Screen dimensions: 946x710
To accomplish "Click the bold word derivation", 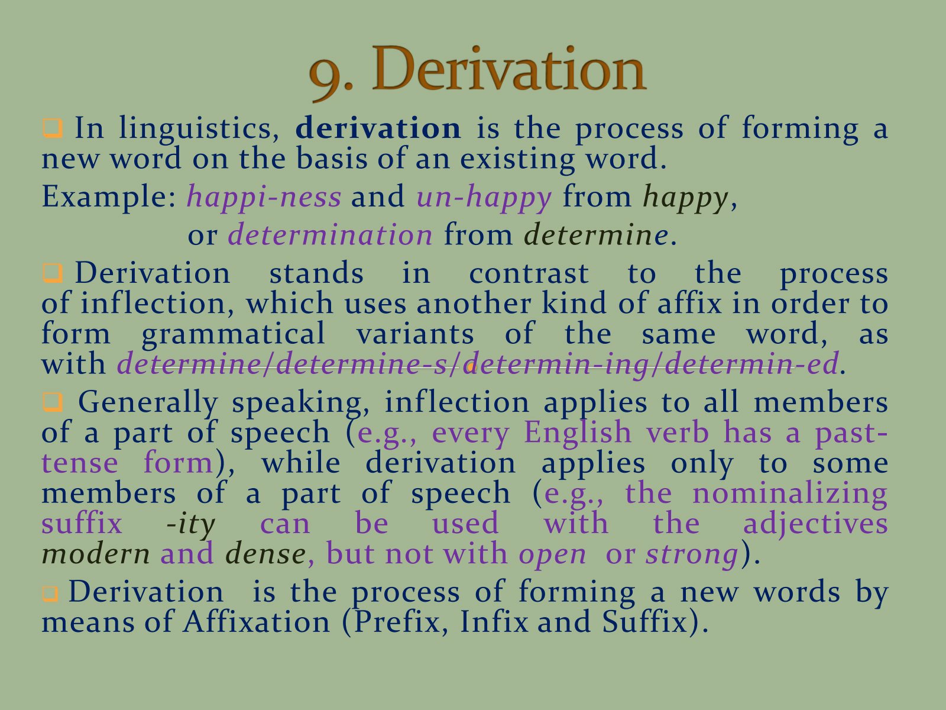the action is tap(378, 128).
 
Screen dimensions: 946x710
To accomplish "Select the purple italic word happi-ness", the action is tap(264, 197).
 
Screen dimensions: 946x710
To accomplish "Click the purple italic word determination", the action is tap(330, 235).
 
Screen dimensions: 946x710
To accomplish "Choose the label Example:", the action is tap(109, 197).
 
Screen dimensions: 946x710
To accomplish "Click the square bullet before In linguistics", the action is tap(53, 128).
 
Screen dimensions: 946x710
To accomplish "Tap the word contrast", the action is tap(529, 273).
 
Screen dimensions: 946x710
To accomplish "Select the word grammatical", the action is tap(233, 335).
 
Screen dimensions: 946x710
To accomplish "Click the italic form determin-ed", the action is tap(751, 363).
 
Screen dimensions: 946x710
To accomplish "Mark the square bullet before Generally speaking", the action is tap(53, 402).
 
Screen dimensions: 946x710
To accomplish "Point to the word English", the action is tap(578, 433).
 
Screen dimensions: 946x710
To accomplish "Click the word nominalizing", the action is tap(789, 494).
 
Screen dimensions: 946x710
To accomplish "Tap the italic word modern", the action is tap(96, 554).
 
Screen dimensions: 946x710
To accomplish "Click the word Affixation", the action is tap(257, 622).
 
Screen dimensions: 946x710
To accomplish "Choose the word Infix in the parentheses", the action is tap(494, 622).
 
